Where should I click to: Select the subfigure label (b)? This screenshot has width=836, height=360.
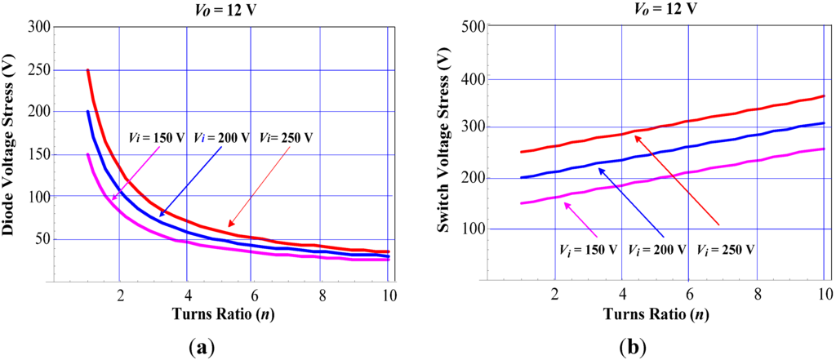633,347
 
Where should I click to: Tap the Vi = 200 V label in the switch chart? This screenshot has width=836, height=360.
657,247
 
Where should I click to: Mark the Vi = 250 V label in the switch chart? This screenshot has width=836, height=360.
726,247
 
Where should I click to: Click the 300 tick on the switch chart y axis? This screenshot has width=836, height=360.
474,127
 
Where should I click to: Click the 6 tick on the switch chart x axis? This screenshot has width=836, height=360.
689,295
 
